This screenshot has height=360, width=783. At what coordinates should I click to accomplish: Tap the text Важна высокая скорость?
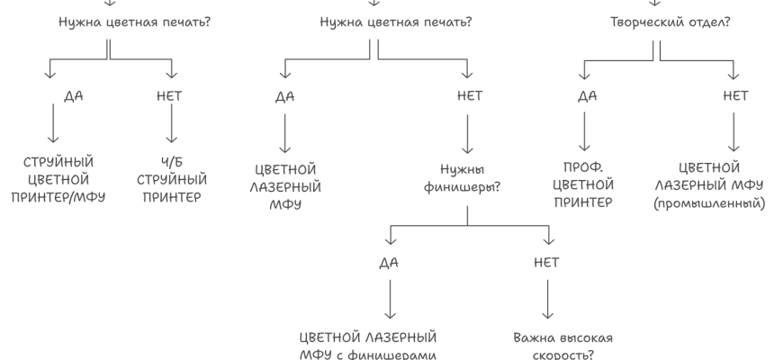pos(562,346)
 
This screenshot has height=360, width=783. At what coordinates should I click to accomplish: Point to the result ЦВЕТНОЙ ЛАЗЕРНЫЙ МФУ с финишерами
pos(367,346)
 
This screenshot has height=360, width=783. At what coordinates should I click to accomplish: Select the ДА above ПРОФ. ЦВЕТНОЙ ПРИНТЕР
pos(587,96)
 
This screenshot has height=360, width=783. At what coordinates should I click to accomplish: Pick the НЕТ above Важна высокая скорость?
pos(545,263)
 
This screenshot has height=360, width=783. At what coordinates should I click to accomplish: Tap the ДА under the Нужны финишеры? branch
pos(389,263)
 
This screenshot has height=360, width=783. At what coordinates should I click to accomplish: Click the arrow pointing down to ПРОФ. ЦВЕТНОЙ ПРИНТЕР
pos(586,132)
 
